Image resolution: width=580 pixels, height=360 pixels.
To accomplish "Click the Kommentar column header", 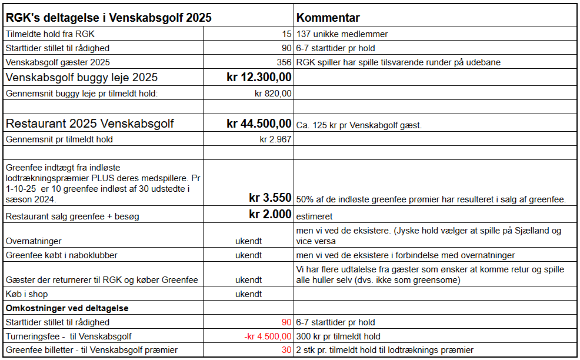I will click(x=328, y=18).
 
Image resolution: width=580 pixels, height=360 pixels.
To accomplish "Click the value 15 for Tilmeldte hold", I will click(x=286, y=34).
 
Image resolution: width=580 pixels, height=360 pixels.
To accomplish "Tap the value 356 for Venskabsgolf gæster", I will click(x=284, y=62).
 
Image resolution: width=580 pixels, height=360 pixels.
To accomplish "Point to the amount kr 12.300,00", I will click(x=259, y=77).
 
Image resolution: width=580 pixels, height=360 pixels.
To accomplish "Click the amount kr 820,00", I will click(x=273, y=93).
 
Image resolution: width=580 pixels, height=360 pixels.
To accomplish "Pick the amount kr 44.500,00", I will click(x=259, y=124).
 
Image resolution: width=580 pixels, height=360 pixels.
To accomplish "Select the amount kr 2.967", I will click(x=275, y=139).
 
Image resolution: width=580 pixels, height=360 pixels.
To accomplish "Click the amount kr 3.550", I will click(x=270, y=198).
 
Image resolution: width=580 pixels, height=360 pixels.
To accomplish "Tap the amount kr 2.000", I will click(x=270, y=214).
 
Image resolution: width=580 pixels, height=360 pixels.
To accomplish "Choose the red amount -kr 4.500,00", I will click(x=267, y=336).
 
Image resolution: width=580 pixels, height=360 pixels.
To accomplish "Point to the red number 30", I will click(x=286, y=350).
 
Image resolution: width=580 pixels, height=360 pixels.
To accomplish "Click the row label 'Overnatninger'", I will click(x=34, y=241).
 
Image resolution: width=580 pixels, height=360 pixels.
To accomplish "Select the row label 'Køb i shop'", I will click(x=28, y=294).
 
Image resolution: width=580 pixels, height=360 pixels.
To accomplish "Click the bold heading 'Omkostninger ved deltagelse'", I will click(x=67, y=308).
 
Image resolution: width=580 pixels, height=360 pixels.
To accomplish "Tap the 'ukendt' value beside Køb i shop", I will click(x=248, y=294).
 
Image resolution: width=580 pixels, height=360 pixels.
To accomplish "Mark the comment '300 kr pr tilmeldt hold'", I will click(x=339, y=336).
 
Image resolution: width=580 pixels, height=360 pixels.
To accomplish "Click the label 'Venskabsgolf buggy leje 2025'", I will click(x=82, y=78).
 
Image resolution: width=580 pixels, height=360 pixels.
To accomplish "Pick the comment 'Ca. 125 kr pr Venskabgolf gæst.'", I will click(x=359, y=125).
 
